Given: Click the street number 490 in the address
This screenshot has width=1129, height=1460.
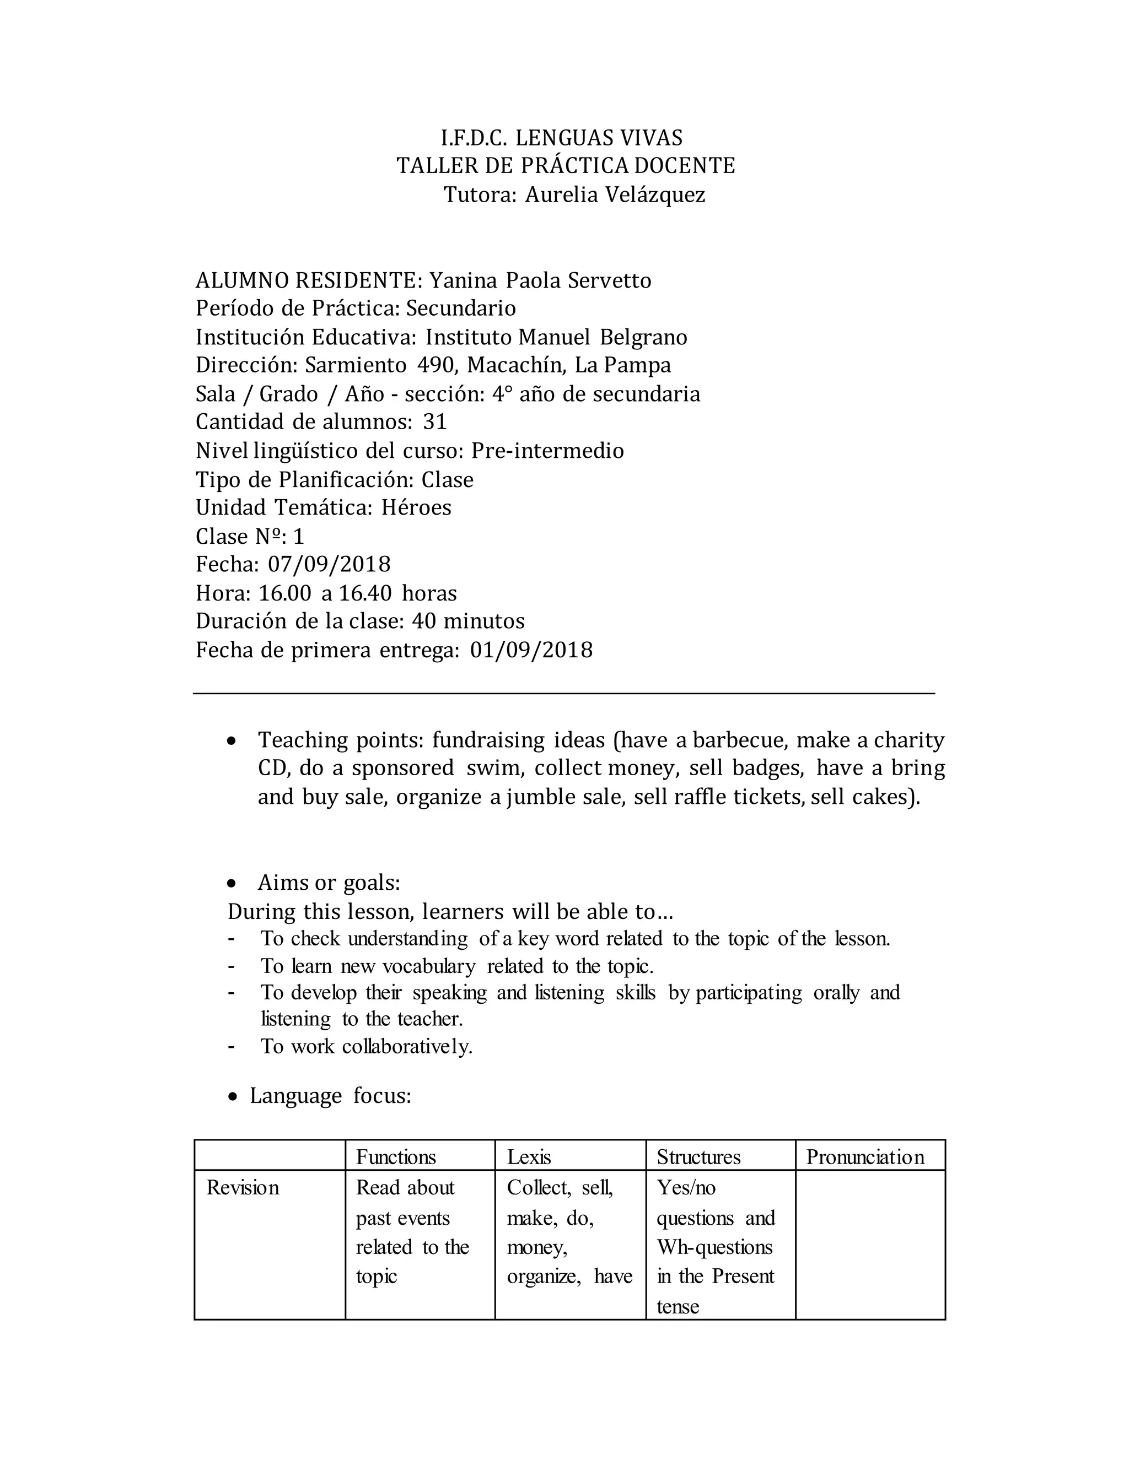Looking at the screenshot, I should (x=437, y=365).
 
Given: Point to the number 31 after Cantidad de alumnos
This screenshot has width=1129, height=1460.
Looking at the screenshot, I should (x=435, y=422).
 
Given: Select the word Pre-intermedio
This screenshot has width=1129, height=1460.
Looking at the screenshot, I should (x=547, y=451).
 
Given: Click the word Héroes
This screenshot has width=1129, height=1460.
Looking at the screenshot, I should (x=416, y=507).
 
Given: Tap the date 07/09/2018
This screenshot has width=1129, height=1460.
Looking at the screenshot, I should (x=329, y=564).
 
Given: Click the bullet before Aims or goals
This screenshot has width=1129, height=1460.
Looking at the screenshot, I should (x=232, y=884).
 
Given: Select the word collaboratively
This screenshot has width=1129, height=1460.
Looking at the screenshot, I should (x=407, y=1046).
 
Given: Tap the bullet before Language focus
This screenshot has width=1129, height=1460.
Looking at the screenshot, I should (x=232, y=1097).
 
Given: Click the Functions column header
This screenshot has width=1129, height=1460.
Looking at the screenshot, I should (x=395, y=1157).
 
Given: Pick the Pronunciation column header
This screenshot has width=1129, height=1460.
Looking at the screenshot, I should (x=865, y=1157).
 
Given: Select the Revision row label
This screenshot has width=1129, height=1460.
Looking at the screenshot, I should (x=243, y=1187).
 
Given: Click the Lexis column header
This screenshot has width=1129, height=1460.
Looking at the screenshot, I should (x=528, y=1157).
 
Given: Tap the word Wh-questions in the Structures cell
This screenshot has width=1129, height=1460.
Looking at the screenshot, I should (x=714, y=1247).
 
